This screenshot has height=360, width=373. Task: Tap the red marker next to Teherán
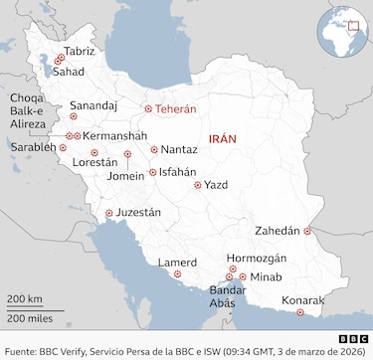pyautogui.click(x=148, y=109)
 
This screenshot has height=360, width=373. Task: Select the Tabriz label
pyautogui.click(x=79, y=51)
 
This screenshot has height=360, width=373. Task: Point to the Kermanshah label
pyautogui.click(x=115, y=135)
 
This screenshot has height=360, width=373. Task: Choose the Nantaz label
pyautogui.click(x=178, y=149)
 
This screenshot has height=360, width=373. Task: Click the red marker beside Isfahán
pyautogui.click(x=151, y=172)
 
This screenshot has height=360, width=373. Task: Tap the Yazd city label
pyautogui.click(x=216, y=184)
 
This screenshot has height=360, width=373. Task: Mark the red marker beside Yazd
pyautogui.click(x=198, y=184)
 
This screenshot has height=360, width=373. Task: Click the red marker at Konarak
pyautogui.click(x=300, y=313)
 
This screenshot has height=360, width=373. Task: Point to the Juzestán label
pyautogui.click(x=138, y=213)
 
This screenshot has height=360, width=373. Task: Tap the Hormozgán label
pyautogui.click(x=257, y=258)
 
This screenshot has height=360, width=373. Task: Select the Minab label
pyautogui.click(x=267, y=276)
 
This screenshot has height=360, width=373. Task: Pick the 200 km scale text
pyautogui.click(x=25, y=298)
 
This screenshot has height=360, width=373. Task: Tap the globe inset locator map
pyautogui.click(x=344, y=31)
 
